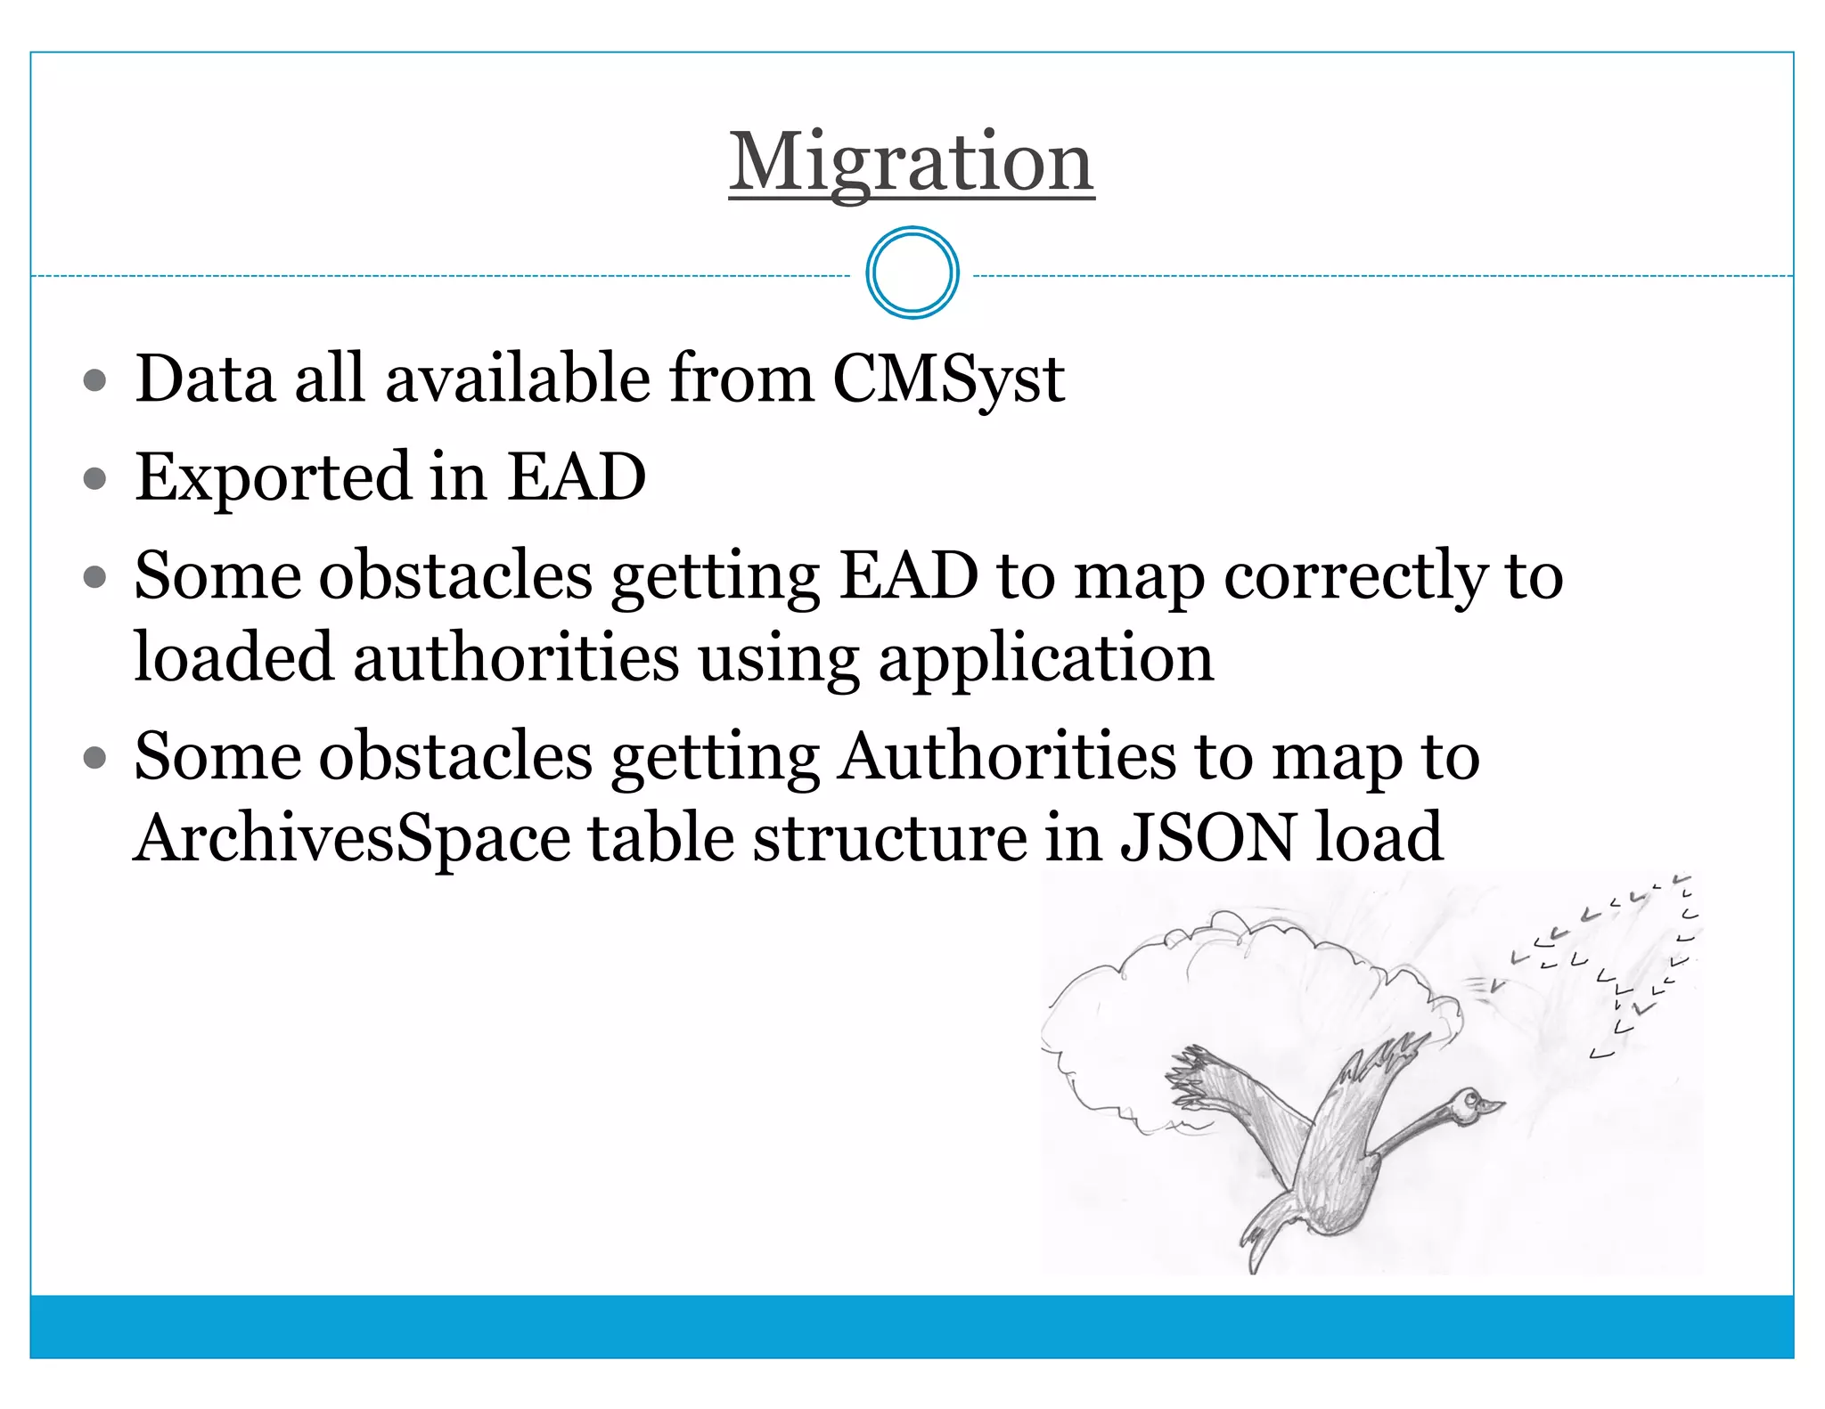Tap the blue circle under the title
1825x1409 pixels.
click(912, 273)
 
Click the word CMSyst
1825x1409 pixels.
click(948, 379)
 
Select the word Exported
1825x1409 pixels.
click(273, 477)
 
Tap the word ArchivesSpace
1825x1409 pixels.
click(352, 838)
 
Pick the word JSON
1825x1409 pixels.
click(1207, 838)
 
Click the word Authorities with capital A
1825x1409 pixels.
click(1007, 756)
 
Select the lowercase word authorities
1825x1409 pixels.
click(517, 657)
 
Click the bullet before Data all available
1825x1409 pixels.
click(94, 381)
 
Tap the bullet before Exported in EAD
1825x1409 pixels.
click(94, 479)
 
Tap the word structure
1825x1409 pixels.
click(889, 838)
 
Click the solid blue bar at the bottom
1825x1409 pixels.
click(912, 1326)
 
